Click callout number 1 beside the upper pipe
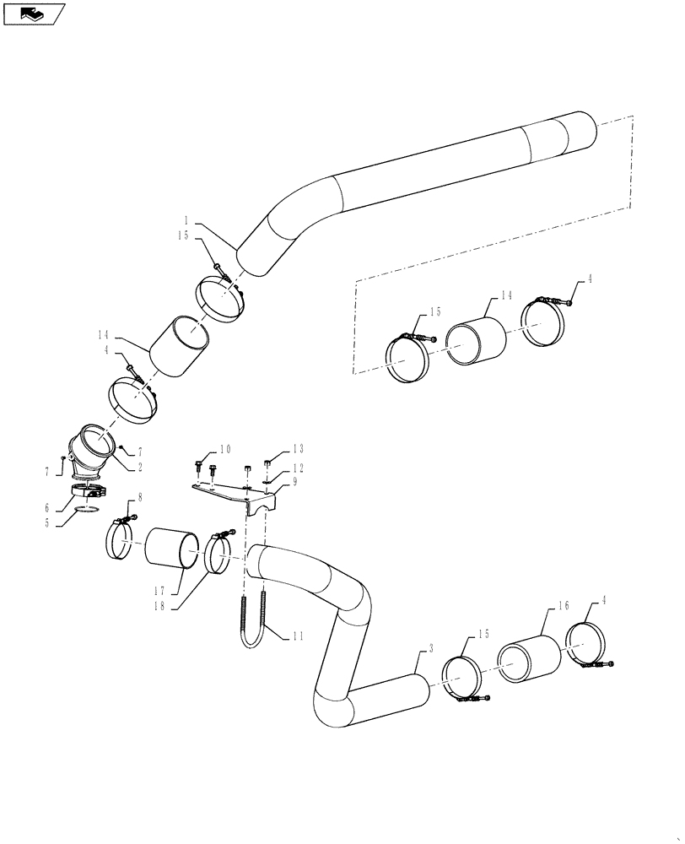(x=197, y=217)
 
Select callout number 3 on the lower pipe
(x=430, y=647)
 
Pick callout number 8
(x=139, y=499)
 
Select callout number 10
(x=225, y=448)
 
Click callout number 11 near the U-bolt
(x=297, y=636)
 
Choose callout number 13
(x=298, y=448)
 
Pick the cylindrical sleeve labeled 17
(x=174, y=548)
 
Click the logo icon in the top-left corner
(x=34, y=14)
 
